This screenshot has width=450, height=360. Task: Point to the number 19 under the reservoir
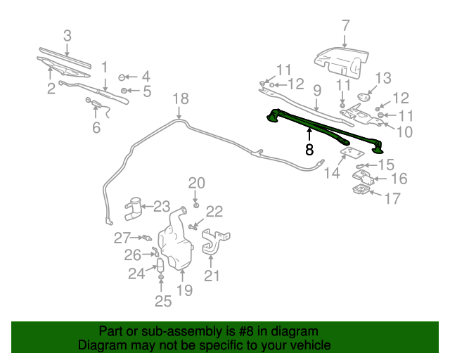point(184,290)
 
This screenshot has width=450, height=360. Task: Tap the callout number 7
point(345,26)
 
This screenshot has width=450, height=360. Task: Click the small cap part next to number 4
point(122,77)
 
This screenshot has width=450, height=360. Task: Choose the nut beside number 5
point(124,91)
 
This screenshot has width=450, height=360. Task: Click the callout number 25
point(162,302)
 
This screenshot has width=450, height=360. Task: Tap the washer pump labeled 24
point(160,266)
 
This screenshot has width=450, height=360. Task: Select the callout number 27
point(122,238)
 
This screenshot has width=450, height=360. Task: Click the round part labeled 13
point(365,96)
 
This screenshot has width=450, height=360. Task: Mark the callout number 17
point(392,199)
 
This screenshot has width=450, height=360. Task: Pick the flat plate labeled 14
point(348,153)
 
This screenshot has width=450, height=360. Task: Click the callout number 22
point(214,211)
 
